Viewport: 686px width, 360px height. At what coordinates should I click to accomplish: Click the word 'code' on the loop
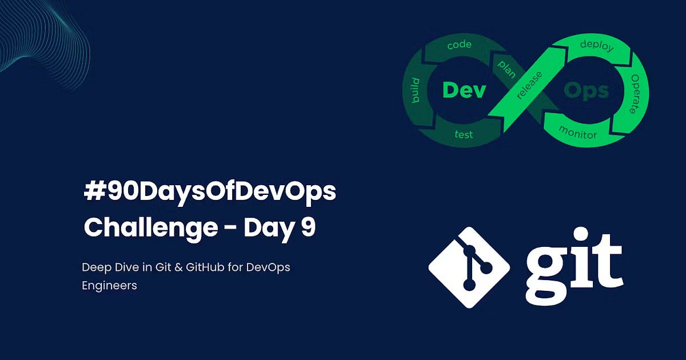[x=459, y=44]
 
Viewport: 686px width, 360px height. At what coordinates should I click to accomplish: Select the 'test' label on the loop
[x=463, y=135]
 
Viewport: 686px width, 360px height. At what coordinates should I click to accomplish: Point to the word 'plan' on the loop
[x=506, y=69]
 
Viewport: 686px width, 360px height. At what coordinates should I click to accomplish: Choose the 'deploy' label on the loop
[x=596, y=45]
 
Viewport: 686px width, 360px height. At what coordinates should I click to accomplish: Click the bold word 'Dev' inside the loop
[x=464, y=90]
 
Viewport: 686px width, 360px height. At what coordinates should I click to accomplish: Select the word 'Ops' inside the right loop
[x=586, y=91]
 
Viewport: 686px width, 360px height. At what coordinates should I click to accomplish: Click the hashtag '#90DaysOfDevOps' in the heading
[x=210, y=193]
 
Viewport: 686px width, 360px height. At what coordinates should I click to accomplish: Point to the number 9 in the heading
[x=308, y=227]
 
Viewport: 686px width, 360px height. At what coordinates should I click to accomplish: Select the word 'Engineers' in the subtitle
[x=109, y=286]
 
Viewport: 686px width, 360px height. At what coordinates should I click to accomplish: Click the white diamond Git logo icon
[x=469, y=267]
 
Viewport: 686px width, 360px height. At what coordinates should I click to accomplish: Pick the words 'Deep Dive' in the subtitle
[x=109, y=267]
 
